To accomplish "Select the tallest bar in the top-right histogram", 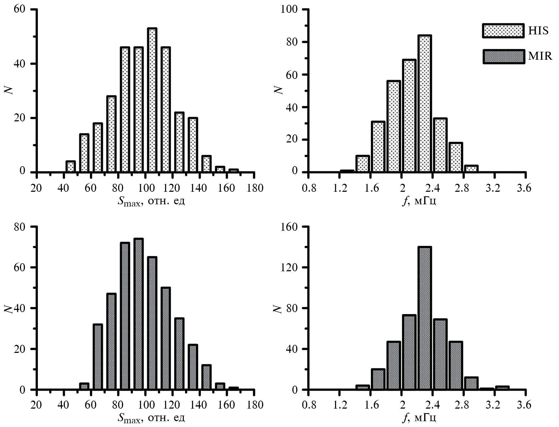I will (x=425, y=104).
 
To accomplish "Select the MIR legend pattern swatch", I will (x=503, y=57).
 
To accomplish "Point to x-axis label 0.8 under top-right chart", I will (x=309, y=188).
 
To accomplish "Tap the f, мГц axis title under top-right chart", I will (x=419, y=202).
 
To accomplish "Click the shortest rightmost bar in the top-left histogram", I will (x=233, y=171).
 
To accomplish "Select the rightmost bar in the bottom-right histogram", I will (x=502, y=388).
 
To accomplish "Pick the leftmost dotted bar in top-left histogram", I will (x=70, y=167).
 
